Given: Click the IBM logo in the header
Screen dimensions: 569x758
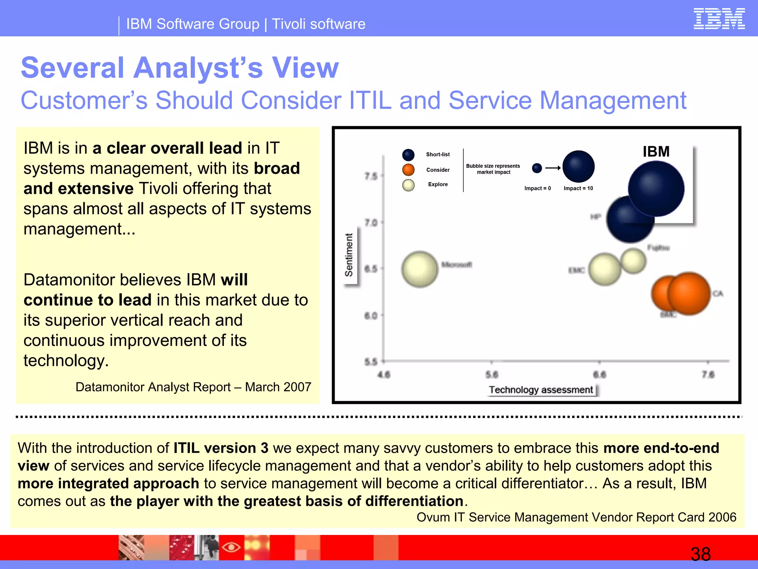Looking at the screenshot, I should pos(719,19).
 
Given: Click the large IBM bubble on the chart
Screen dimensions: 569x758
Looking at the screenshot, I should pos(656,189).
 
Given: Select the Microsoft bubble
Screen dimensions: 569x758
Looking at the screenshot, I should pos(420,269).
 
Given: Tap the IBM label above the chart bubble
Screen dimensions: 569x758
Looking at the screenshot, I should pos(656,152).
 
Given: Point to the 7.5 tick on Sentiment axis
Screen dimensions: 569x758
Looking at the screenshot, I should pos(371,176).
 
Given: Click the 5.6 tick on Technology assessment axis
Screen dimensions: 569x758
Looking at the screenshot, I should pos(492,375).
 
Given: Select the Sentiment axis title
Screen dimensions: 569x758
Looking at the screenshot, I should pos(349,255).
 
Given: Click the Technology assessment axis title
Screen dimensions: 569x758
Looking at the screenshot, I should pos(541,390).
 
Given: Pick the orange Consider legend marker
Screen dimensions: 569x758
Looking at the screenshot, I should pos(408,170).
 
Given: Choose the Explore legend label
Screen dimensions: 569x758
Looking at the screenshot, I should pos(438,184).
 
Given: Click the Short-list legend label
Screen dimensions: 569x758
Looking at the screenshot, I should pos(438,154).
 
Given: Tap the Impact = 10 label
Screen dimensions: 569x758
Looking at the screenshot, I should pos(578,188).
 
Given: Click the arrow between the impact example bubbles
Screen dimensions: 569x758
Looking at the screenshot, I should pos(553,168).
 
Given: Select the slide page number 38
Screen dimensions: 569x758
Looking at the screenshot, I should pos(700,554).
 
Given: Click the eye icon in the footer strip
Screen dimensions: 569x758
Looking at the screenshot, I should pos(231,547).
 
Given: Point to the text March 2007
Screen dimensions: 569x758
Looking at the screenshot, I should pos(278,387).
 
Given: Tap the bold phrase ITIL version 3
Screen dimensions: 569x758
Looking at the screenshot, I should pos(221,448).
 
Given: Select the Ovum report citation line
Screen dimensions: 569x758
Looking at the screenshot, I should pos(576,517).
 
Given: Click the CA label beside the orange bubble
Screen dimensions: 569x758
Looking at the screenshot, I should pos(718,293).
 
